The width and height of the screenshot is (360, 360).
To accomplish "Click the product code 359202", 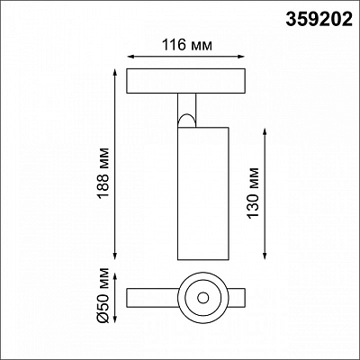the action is [319, 19].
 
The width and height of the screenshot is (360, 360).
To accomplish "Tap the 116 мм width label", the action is [187, 45].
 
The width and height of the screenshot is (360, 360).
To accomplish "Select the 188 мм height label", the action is [103, 173].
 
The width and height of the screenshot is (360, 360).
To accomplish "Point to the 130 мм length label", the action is [252, 193].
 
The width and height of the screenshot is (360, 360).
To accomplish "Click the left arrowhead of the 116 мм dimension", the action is [130, 57].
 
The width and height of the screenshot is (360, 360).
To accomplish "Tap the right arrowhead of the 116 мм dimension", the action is [242, 57].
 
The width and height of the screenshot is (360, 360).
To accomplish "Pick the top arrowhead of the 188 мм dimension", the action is [115, 72].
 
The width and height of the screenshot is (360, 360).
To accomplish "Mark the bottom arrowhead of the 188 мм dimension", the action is [115, 256].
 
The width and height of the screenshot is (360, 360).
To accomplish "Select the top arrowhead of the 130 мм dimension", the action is [265, 132].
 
